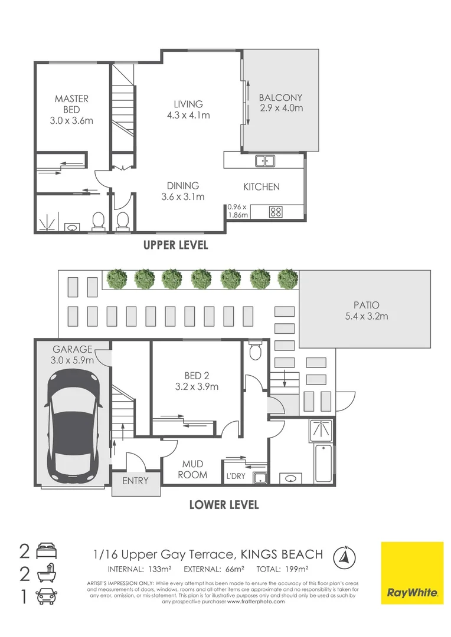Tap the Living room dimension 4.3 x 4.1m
[x=188, y=116]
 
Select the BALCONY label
[x=281, y=98]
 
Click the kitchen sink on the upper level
[x=264, y=160]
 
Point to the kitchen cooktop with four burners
[x=276, y=211]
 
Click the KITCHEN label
[x=262, y=187]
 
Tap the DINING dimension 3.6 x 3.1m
[x=183, y=197]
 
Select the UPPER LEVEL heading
[x=176, y=245]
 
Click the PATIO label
[x=366, y=305]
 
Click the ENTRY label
[x=135, y=481]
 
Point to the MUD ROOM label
[x=194, y=469]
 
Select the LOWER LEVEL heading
[x=224, y=505]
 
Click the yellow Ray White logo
[x=411, y=572]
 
